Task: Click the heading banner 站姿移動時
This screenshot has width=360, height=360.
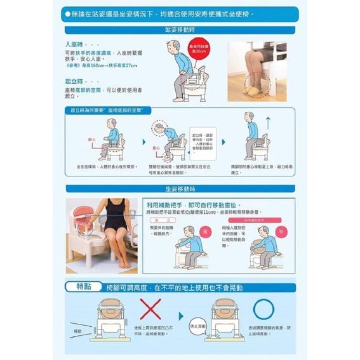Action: [180, 29]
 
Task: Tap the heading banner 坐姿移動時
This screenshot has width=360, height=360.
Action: [180, 188]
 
